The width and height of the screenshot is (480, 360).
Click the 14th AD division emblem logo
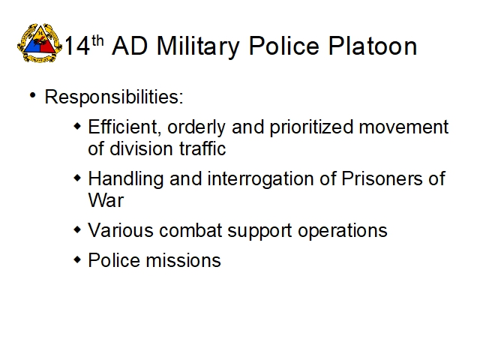tap(40, 43)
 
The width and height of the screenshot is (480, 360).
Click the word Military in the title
tap(198, 46)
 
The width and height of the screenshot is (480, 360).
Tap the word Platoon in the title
tap(373, 46)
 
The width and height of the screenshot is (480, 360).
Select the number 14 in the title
tap(77, 46)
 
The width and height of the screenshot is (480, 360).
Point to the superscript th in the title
tap(97, 41)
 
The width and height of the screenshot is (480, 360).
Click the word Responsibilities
tap(114, 97)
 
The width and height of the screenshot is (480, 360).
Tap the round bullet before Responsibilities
tap(33, 95)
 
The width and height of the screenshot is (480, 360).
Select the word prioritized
tap(312, 127)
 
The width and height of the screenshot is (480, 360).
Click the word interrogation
tap(260, 179)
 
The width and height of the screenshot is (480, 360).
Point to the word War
tap(106, 200)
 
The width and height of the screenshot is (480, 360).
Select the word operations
tap(343, 231)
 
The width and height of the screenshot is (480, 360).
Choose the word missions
tap(183, 260)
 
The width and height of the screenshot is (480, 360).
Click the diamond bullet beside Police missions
tap(78, 260)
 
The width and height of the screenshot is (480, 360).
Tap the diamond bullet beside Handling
tap(78, 178)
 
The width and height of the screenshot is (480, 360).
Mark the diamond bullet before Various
tap(78, 229)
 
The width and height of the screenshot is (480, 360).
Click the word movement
tap(403, 127)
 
